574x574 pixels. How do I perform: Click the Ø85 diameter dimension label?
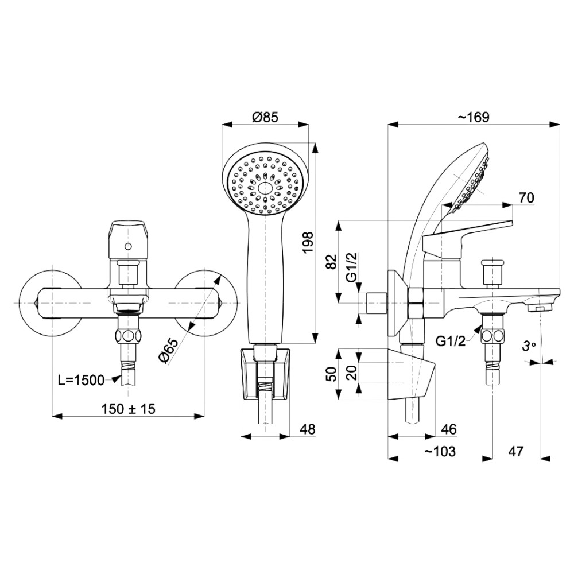pos(265,117)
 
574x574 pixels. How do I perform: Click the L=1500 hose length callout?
pos(81,379)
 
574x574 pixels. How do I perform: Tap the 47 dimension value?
pos(515,452)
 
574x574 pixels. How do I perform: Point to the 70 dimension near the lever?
pos(526,197)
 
